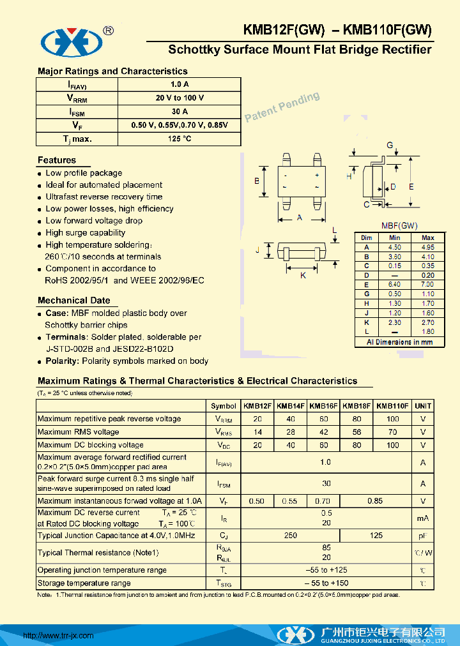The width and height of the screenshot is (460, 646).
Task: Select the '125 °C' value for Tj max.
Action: coord(179,139)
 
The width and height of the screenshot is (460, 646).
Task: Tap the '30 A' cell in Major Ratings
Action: coord(179,112)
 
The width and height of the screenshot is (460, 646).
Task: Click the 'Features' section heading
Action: coord(57,160)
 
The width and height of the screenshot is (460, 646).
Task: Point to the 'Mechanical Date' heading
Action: coord(73,300)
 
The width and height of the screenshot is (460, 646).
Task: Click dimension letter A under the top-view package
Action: coord(300,218)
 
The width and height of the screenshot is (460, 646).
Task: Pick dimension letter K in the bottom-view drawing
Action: coord(303,275)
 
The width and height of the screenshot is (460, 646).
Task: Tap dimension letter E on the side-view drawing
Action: coord(411,186)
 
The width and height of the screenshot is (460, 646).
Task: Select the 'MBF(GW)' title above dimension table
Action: coord(399,225)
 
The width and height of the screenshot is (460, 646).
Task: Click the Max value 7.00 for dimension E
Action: coord(427,284)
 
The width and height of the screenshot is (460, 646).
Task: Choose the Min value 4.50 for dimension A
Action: coord(395,247)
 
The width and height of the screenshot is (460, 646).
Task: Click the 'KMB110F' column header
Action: coord(392,406)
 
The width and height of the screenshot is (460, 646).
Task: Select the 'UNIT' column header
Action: coord(423,406)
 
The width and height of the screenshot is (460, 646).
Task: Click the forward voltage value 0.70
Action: coord(323,501)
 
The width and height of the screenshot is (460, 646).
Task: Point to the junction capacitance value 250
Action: coord(290,536)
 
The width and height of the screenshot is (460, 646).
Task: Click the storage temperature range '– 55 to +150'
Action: coord(325,583)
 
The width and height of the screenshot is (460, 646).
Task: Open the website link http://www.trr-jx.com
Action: coord(58,635)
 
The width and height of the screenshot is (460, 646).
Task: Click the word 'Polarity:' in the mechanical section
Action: coord(62,361)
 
